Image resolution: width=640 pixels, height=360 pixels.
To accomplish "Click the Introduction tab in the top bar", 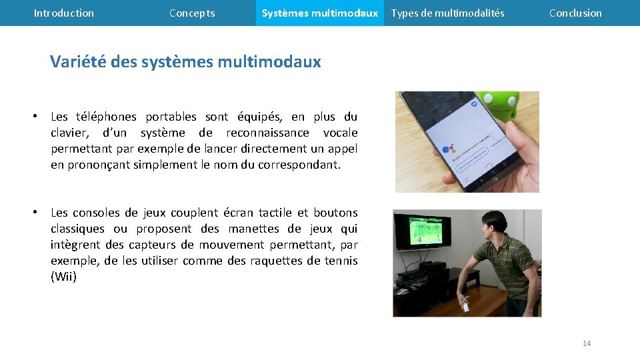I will coord(64,13).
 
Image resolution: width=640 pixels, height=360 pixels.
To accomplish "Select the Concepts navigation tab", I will coord(192,13).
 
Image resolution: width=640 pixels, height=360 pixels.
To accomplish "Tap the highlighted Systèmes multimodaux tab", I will coord(319,13).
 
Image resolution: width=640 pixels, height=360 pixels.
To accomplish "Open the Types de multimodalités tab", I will coord(447,13).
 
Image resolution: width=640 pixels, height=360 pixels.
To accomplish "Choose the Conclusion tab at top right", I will coord(575,13).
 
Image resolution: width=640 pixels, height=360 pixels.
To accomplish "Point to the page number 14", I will coord(587,343).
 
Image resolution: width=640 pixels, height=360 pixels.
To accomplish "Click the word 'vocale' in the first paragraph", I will coord(340,133).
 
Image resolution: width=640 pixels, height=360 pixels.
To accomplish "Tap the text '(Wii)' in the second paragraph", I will coord(64,277).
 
